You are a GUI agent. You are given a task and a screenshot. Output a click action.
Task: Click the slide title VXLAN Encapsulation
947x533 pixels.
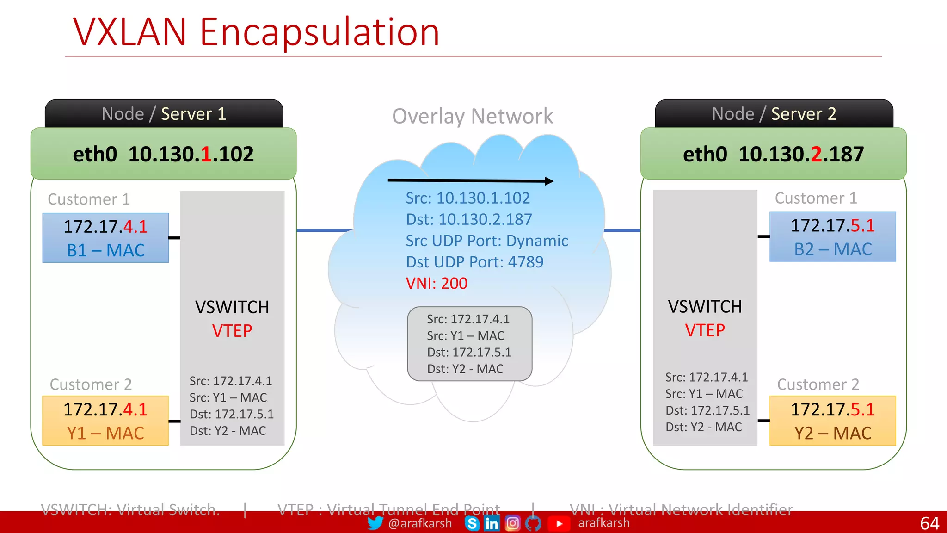[256, 32]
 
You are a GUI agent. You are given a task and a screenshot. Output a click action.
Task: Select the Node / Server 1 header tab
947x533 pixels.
[164, 114]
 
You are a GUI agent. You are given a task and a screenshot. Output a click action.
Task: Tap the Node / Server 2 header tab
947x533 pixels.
[774, 114]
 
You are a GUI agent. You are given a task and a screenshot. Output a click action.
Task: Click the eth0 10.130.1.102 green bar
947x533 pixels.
[163, 154]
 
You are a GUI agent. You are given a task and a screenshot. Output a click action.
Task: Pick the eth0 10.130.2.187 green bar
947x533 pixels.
[773, 154]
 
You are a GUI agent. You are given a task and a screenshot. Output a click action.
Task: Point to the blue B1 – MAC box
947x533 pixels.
[105, 238]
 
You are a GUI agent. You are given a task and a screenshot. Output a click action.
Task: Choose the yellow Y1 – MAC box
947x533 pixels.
[105, 421]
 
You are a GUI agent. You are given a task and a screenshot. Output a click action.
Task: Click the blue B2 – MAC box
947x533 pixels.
[832, 237]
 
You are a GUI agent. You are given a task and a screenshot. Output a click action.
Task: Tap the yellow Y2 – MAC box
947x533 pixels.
[832, 421]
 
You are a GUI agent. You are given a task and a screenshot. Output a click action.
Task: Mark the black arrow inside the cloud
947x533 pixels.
[470, 180]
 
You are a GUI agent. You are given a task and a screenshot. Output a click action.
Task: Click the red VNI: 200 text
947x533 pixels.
[437, 283]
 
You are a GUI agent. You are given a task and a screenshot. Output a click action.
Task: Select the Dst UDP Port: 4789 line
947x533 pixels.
[474, 262]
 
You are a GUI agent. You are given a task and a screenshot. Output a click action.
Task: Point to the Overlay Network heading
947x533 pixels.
[472, 116]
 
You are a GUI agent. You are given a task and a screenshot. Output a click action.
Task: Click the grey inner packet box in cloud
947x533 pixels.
[469, 344]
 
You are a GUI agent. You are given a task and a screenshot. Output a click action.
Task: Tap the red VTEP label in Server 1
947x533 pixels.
[232, 331]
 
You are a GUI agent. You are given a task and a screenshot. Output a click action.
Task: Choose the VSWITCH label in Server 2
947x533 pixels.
[705, 307]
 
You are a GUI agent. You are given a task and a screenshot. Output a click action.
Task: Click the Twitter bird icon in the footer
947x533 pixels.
[375, 523]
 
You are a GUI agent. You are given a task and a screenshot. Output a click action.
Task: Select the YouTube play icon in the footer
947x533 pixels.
[559, 524]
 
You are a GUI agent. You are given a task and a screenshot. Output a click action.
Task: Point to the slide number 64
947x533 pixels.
[929, 523]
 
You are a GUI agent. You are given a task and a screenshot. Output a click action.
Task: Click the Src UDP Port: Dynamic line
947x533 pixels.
[487, 241]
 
